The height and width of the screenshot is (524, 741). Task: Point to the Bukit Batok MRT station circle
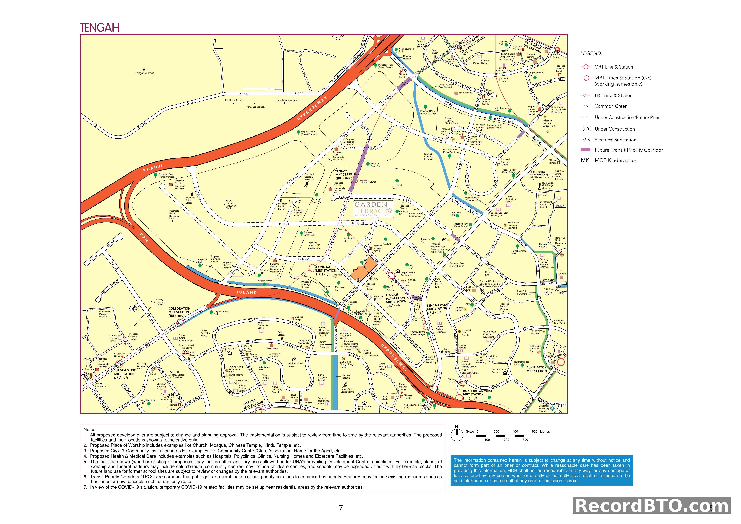pos(561,362)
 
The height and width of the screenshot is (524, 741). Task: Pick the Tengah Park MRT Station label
pos(437,308)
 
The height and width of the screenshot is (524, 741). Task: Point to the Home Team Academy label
pos(286,100)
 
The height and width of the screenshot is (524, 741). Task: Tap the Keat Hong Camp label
pos(233,100)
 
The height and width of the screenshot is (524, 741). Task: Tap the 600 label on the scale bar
pos(534,431)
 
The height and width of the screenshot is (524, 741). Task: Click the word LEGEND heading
pos(591,54)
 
